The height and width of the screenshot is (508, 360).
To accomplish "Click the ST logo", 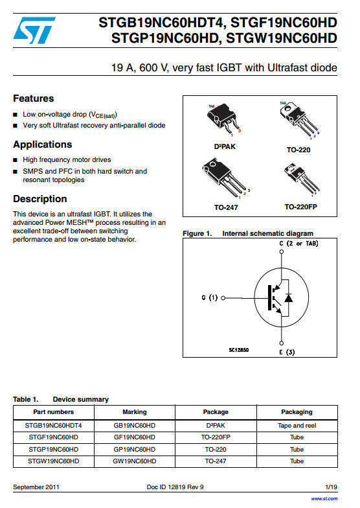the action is point(34,30).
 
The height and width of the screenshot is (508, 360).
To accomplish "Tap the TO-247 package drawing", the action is point(225,178).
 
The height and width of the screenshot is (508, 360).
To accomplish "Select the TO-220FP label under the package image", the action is point(300,207).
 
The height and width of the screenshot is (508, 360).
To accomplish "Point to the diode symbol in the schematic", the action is point(288,297).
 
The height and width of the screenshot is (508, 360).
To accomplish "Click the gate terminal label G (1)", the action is point(210,297).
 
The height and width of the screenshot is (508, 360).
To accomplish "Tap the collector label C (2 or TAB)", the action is point(298,244).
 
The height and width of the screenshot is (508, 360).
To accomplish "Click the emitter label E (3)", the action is point(287,352).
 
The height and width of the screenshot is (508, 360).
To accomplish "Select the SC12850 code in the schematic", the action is point(238,350).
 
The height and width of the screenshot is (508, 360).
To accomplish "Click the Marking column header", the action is point(135,412).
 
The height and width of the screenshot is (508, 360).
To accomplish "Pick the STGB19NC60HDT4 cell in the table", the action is point(53,425).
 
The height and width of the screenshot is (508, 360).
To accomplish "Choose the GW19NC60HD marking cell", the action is point(135,461).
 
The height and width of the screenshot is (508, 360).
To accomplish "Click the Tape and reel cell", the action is point(297,425).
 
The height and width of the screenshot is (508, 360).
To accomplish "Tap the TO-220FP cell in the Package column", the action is point(216,437).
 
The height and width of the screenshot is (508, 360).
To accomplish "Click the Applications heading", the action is point(43,144).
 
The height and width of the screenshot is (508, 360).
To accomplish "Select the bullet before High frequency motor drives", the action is point(16,160).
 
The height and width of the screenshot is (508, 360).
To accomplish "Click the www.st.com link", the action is point(324,499).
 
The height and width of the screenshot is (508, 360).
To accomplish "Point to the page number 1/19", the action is point(332,487).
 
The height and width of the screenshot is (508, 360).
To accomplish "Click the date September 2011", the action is point(36,487).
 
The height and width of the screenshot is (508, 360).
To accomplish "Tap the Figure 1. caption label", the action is point(197,233).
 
